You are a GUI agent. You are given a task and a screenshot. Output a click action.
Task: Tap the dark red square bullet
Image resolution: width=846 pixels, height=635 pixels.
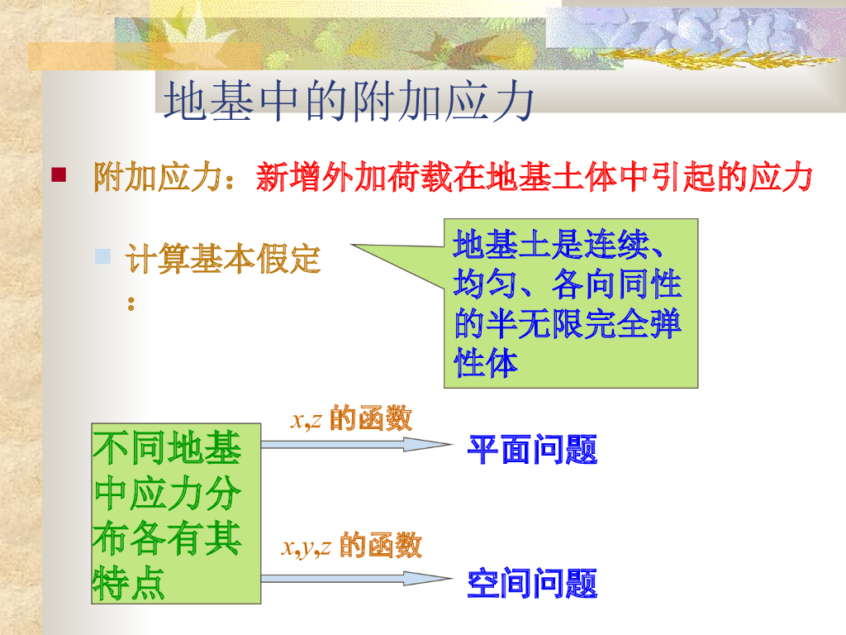[59, 174]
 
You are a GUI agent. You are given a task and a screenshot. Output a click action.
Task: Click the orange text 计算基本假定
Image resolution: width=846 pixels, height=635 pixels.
[222, 260]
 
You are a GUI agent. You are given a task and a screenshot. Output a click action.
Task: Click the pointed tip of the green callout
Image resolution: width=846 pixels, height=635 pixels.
[354, 246]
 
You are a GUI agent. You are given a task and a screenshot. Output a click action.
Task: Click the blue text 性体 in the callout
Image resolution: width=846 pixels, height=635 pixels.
[487, 363]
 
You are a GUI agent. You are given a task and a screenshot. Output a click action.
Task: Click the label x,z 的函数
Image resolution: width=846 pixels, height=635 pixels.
[351, 419]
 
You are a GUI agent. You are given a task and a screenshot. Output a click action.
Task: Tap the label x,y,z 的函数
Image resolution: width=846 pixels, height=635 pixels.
[351, 546]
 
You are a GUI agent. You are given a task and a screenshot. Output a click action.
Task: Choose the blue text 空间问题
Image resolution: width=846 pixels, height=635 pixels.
[532, 584]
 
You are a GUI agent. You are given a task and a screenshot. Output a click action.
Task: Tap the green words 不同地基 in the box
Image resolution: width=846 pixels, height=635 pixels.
[168, 449]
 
